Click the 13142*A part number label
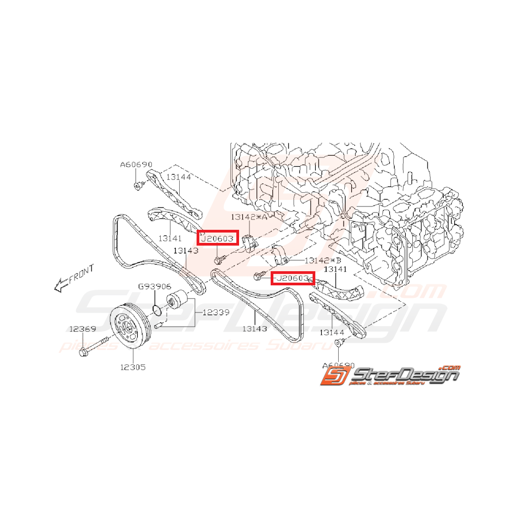pyautogui.click(x=248, y=217)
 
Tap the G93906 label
pyautogui.click(x=155, y=286)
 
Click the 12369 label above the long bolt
pyautogui.click(x=82, y=328)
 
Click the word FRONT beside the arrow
pyautogui.click(x=82, y=272)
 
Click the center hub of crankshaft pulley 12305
pyautogui.click(x=127, y=328)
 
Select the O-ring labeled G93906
pyautogui.click(x=156, y=310)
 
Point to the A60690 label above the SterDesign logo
pyautogui.click(x=339, y=365)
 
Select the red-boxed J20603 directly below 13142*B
pyautogui.click(x=293, y=278)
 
